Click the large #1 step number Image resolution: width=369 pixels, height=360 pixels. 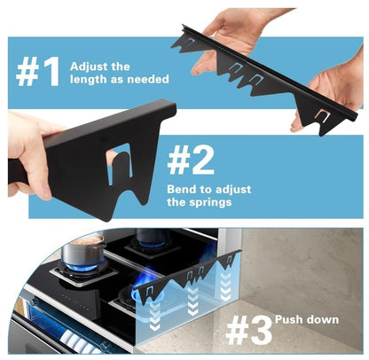tap(37, 72)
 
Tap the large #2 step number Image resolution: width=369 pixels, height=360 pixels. tap(191, 160)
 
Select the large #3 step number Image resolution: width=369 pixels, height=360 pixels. tap(248, 330)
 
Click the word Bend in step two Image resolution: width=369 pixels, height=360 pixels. tap(181, 189)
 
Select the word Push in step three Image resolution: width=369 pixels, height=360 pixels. tap(289, 319)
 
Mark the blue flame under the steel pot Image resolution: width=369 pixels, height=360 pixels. tap(82, 269)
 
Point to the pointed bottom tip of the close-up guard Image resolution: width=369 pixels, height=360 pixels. tap(107, 219)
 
